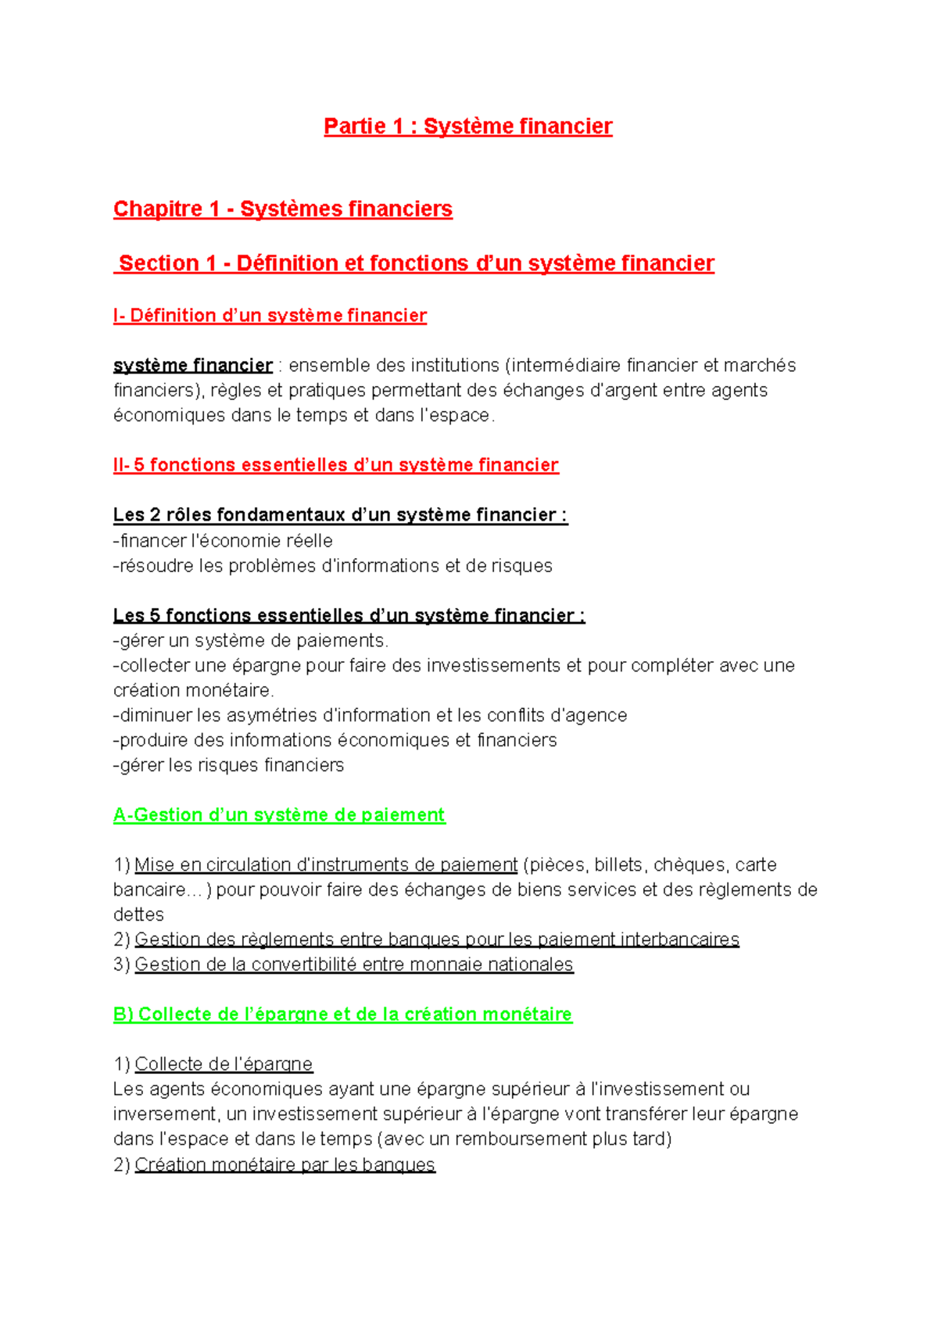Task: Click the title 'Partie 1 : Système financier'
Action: (467, 127)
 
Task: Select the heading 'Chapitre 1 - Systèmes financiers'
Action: (282, 209)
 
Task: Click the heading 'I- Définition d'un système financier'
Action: (270, 316)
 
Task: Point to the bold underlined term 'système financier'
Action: (192, 366)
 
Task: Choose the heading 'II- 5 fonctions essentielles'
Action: (335, 466)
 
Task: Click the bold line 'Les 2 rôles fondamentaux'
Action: (339, 515)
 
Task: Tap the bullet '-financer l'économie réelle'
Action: (223, 541)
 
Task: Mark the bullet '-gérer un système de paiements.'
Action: (250, 641)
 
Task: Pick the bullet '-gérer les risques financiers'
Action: (228, 766)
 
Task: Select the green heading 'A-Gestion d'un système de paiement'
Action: (278, 815)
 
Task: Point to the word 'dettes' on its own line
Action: (138, 915)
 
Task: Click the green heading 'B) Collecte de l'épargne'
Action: (342, 1014)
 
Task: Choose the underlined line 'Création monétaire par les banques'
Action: (285, 1165)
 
